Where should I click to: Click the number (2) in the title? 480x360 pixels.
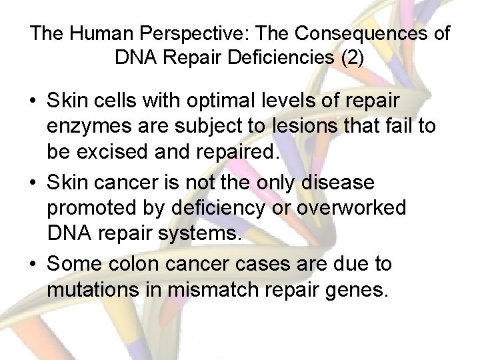pos(353,58)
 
